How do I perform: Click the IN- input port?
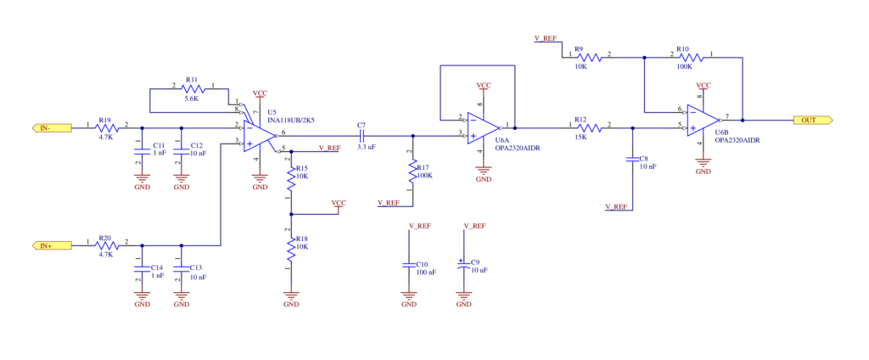[52, 127]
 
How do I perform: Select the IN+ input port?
[52, 245]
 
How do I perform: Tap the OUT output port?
[813, 120]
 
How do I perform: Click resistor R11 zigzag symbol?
[193, 89]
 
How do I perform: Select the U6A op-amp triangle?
[483, 127]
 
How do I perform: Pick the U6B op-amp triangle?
[703, 120]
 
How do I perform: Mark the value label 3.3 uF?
[367, 148]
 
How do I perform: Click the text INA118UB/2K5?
[292, 121]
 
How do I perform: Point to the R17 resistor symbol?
[412, 172]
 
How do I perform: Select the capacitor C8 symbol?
[632, 160]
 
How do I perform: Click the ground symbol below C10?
[409, 297]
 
